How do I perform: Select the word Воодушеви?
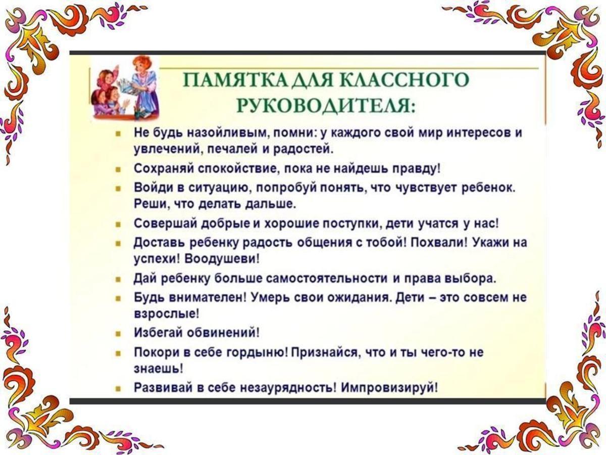pos(223,259)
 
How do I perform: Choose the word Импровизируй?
pos(389,388)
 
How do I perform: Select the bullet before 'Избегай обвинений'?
pos(118,334)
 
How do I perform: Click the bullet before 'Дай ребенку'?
pos(118,279)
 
